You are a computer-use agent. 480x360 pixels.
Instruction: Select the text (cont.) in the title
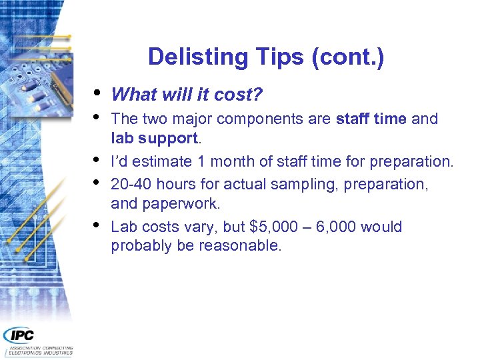[x=347, y=57]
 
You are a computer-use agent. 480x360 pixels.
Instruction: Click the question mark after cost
[x=258, y=95]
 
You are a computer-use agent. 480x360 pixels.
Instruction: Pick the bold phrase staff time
[x=371, y=119]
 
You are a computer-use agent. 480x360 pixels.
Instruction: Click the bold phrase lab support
[x=154, y=137]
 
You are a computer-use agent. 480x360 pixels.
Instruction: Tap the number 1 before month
[x=202, y=161]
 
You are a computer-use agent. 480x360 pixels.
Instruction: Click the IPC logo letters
[x=19, y=335]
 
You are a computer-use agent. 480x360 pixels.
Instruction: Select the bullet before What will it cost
[x=99, y=92]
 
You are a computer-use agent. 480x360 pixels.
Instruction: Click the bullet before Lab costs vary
[x=99, y=224]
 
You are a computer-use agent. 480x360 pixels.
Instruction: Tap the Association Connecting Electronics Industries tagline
[x=40, y=351]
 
